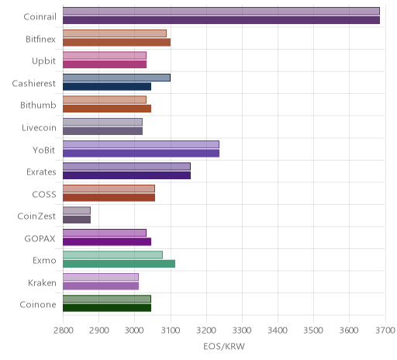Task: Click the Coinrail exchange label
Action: (40, 17)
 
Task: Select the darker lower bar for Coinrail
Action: (221, 20)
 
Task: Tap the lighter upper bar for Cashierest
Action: (116, 78)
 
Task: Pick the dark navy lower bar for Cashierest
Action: (107, 87)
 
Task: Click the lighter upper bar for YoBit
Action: (141, 144)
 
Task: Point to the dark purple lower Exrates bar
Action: (126, 175)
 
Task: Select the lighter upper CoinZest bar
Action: (77, 211)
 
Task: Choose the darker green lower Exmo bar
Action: (119, 264)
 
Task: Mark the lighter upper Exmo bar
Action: (112, 255)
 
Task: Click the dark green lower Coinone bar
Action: (107, 308)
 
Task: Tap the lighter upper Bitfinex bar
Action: (115, 33)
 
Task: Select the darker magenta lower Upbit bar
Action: (105, 64)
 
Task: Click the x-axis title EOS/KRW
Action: (224, 346)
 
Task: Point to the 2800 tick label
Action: (64, 331)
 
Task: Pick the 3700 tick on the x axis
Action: (385, 331)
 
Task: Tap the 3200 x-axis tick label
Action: (206, 331)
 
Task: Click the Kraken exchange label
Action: (42, 283)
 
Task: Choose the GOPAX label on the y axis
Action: (40, 238)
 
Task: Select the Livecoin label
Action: (39, 128)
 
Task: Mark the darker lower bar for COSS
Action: (109, 198)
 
